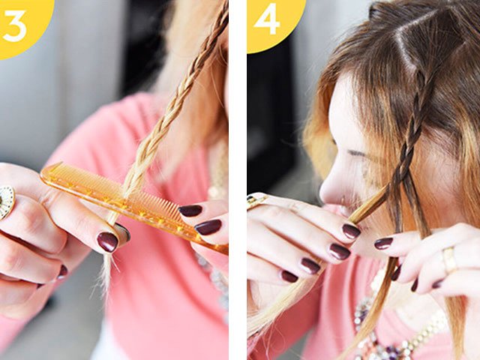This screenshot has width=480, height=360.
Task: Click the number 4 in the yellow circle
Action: tap(267, 20)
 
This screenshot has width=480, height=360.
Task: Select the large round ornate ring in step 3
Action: tap(6, 202)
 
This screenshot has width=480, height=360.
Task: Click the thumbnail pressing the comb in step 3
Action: tap(107, 241)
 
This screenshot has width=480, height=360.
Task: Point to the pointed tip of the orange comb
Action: tap(51, 167)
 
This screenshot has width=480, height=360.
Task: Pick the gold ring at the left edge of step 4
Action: tap(256, 200)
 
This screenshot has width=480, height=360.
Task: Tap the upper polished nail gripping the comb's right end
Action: tap(190, 211)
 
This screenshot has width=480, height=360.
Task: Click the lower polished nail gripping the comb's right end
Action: tap(208, 226)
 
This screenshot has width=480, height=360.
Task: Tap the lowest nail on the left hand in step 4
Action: tap(289, 276)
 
